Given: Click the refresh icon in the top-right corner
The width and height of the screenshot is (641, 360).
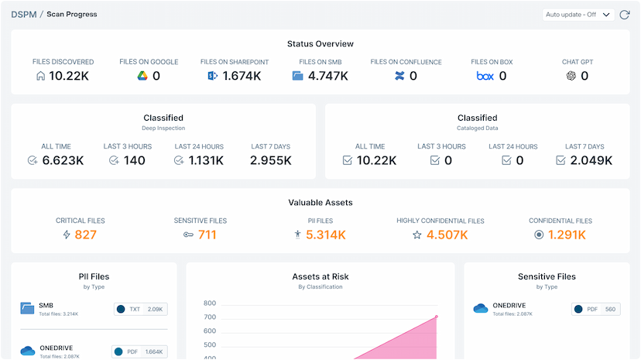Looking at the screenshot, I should (x=625, y=15).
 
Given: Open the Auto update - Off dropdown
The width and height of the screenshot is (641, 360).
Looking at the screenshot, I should (x=578, y=15).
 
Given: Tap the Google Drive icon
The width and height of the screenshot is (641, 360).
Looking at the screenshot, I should (x=142, y=76).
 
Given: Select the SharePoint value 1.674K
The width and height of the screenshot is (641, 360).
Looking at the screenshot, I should (x=242, y=76).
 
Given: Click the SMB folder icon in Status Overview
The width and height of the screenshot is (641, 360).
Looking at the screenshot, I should (x=298, y=76).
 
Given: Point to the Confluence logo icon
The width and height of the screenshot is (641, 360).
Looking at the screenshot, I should (x=399, y=76).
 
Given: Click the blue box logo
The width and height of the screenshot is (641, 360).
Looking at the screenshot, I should (x=485, y=76).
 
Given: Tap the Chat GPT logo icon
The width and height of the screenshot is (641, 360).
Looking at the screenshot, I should (x=571, y=76).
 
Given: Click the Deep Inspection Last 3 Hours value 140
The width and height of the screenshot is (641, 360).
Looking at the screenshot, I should (x=134, y=160).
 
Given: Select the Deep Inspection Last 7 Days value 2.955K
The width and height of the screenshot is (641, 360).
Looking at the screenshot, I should (x=270, y=160).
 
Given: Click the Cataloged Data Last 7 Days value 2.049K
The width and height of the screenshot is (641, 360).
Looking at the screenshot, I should (x=592, y=160).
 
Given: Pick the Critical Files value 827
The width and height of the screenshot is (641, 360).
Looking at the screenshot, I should (x=86, y=235).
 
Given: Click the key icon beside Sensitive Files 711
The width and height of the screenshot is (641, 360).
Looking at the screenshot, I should (x=188, y=235).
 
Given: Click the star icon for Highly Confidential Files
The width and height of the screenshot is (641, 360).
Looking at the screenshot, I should (x=416, y=235).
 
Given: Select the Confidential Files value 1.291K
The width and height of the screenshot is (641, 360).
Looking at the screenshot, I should (x=567, y=235).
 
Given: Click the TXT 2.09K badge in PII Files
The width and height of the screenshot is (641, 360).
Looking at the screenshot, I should (x=139, y=310).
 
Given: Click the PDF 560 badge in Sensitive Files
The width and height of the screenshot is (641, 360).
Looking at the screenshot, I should (x=597, y=310).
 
